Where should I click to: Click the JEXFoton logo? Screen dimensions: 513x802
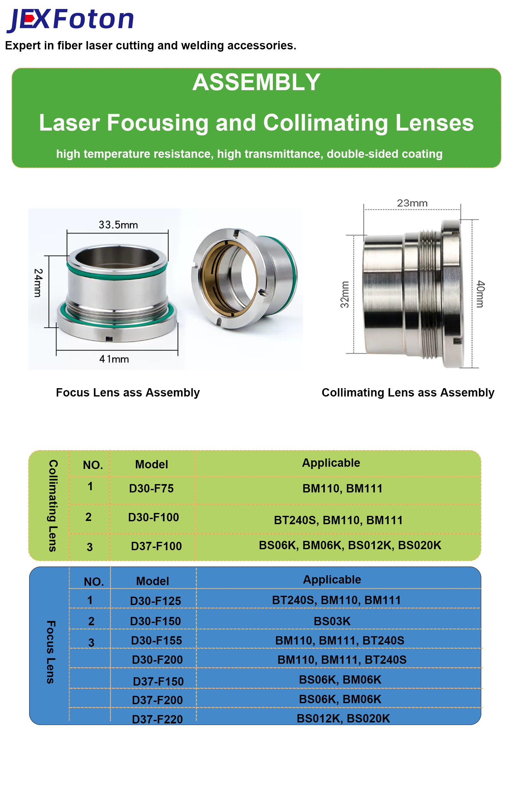tap(70, 20)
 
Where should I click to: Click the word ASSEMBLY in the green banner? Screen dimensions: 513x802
tap(256, 82)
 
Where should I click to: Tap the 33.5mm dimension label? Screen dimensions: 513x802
tap(118, 225)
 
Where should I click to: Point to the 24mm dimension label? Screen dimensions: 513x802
tap(38, 283)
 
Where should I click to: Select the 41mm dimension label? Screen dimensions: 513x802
tap(114, 359)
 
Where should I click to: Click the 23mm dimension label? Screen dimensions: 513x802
tap(412, 203)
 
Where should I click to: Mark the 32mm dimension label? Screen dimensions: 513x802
tap(345, 294)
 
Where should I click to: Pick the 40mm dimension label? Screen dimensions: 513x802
tap(480, 294)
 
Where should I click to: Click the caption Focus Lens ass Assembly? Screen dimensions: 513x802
tap(128, 393)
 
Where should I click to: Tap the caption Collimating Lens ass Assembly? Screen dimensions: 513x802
tap(408, 393)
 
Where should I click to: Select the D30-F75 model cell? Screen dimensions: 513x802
tap(152, 489)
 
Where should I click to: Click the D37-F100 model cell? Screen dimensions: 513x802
tap(156, 546)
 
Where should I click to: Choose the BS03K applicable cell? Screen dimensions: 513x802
tap(332, 621)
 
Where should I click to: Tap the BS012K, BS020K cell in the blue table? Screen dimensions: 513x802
tap(343, 718)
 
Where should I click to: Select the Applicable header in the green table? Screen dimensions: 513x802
tap(331, 463)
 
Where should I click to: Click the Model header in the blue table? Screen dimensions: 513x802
tap(153, 581)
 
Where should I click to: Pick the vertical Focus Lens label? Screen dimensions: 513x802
tap(51, 653)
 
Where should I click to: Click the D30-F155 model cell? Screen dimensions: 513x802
tap(156, 640)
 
